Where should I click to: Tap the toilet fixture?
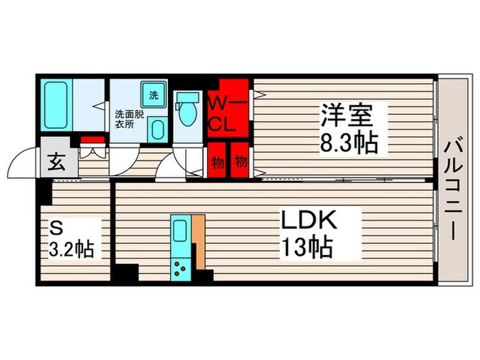(185, 112)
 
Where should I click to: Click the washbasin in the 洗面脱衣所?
(157, 128)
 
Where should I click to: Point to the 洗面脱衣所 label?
(128, 120)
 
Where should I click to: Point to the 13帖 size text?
(306, 246)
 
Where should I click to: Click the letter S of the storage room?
(53, 226)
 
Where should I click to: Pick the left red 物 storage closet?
(217, 162)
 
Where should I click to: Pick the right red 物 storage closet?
(239, 162)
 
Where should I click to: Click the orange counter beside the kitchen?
(198, 237)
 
